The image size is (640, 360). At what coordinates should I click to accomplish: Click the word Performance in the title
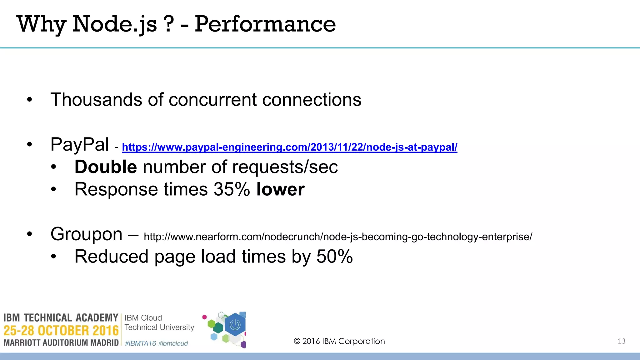265,24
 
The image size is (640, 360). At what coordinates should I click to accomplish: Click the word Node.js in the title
114,24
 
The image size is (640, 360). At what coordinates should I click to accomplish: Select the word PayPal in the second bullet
80,145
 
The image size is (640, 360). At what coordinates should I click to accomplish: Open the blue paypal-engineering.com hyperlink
289,147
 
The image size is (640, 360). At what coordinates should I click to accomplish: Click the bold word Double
106,167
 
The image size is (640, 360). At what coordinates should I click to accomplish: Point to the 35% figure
232,189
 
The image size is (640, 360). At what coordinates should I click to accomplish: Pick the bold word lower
280,189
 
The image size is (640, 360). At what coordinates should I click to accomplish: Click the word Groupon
86,234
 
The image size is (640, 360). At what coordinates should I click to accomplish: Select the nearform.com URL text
338,237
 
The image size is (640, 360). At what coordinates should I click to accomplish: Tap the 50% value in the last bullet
334,257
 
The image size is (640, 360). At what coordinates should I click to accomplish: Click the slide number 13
622,341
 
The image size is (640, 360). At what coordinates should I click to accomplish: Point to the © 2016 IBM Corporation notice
339,341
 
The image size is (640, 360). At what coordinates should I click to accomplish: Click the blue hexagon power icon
235,325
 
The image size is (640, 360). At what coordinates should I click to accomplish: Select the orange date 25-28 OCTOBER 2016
61,331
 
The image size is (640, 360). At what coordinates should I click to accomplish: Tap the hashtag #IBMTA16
140,343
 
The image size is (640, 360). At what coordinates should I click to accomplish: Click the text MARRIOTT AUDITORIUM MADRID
61,343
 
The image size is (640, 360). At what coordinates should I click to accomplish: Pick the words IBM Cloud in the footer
143,318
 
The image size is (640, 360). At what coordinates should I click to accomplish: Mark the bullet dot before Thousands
29,100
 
